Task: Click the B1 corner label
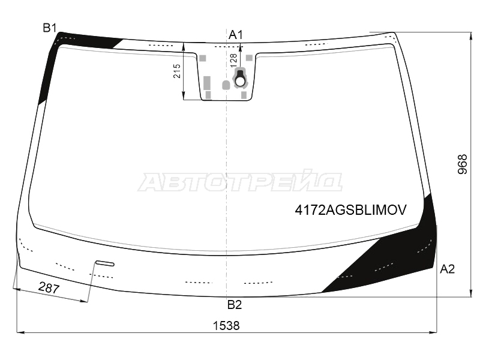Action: (50, 28)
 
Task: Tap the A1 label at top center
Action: (236, 35)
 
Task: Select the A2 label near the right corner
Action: (447, 269)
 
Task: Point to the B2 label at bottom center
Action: (235, 305)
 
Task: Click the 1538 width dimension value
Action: (226, 325)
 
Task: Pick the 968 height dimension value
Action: (463, 164)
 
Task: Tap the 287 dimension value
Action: (49, 288)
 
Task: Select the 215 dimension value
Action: (177, 71)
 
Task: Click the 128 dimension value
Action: (233, 61)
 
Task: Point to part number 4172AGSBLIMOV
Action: (351, 210)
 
